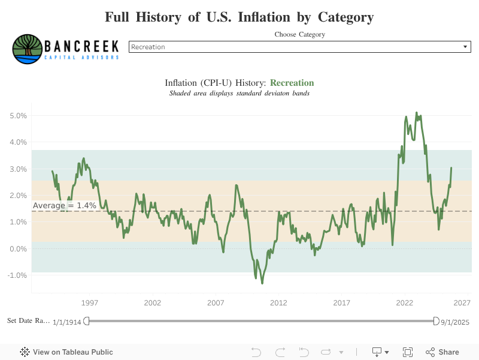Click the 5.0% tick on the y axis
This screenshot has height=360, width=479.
pyautogui.click(x=19, y=116)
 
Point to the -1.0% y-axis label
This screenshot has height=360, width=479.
pyautogui.click(x=18, y=275)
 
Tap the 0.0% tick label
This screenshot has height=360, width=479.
pyautogui.click(x=19, y=249)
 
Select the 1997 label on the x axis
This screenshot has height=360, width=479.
pyautogui.click(x=90, y=303)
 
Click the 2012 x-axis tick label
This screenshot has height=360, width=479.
pyautogui.click(x=278, y=303)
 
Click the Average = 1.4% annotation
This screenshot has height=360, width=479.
pyautogui.click(x=64, y=206)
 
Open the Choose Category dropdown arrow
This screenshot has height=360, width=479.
pyautogui.click(x=465, y=47)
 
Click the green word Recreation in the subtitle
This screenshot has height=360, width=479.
pyautogui.click(x=292, y=83)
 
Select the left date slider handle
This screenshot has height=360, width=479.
pyautogui.click(x=86, y=321)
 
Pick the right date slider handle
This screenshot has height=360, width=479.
pyautogui.click(x=436, y=321)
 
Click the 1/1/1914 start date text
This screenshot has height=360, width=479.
pyautogui.click(x=66, y=322)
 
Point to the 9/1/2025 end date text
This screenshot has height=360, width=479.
pyautogui.click(x=455, y=322)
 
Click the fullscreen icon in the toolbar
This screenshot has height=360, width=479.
pyautogui.click(x=408, y=352)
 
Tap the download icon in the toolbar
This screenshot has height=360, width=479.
pyautogui.click(x=378, y=352)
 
